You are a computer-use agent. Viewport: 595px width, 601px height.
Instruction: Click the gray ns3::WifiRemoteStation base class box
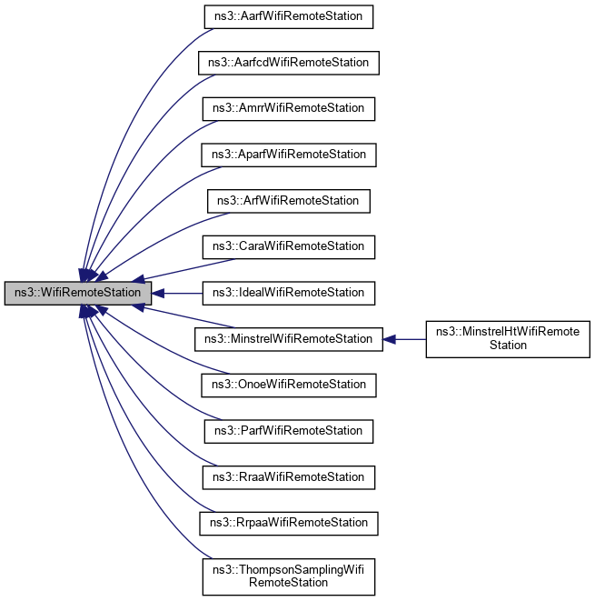tap(77, 293)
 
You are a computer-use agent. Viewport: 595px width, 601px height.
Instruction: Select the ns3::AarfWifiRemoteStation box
tap(288, 16)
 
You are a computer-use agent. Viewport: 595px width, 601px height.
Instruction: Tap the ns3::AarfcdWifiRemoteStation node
tap(288, 63)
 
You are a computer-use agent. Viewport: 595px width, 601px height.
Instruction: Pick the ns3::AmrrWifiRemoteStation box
tap(288, 108)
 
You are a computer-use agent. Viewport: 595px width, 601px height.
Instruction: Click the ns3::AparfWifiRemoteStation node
tap(288, 155)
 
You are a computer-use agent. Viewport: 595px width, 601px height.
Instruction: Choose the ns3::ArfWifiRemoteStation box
tap(288, 200)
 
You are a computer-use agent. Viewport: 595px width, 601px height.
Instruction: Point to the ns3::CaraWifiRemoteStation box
tap(288, 246)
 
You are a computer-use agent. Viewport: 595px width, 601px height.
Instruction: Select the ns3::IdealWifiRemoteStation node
tap(288, 293)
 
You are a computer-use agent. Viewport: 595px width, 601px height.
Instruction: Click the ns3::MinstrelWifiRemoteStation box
tap(288, 338)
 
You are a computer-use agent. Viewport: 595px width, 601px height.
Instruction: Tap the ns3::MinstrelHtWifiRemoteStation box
tap(508, 338)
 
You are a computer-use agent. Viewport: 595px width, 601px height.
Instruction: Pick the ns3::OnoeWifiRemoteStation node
tap(288, 385)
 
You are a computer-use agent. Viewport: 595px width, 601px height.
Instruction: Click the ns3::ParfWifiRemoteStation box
tap(288, 430)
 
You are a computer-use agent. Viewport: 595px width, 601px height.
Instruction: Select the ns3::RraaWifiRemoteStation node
tap(288, 476)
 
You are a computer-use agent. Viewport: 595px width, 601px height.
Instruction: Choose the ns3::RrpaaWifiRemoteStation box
tap(288, 523)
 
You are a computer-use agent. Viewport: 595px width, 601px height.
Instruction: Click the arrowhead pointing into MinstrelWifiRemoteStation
tap(388, 338)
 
